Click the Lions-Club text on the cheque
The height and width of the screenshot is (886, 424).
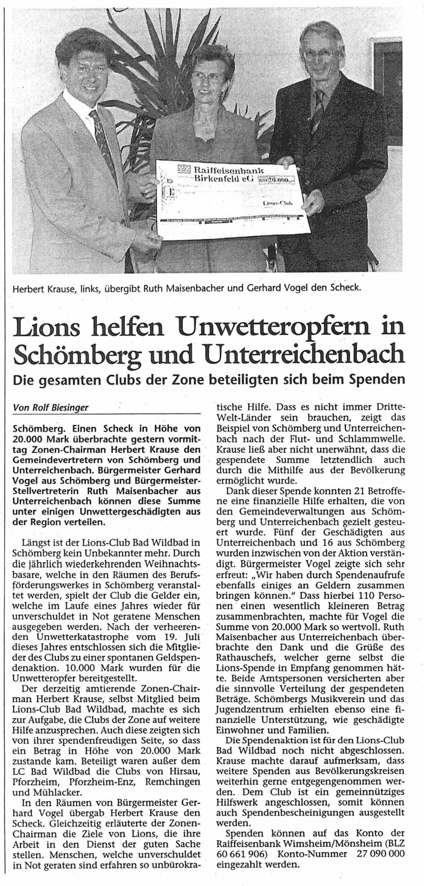[x=277, y=203]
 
